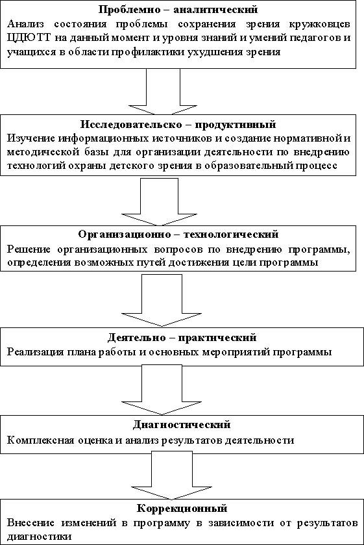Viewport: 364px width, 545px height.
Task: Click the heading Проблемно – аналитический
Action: click(178, 9)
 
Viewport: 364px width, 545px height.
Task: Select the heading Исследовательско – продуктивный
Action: click(178, 124)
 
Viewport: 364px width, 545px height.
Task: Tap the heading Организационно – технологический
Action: click(178, 234)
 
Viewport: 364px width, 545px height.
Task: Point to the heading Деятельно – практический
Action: click(182, 337)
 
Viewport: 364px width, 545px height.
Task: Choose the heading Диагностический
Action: click(182, 424)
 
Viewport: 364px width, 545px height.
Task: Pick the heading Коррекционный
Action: click(182, 508)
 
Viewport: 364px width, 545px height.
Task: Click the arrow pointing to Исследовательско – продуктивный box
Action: click(163, 92)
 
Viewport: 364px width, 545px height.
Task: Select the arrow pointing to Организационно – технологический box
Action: click(160, 202)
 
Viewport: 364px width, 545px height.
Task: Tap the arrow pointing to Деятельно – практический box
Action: click(162, 300)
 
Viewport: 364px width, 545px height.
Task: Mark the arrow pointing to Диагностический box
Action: click(162, 390)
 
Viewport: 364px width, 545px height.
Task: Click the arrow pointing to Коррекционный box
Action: click(172, 475)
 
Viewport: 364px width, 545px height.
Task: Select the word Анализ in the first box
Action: click(25, 24)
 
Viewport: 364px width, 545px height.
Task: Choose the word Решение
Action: click(29, 249)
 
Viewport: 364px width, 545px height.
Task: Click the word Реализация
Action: click(36, 351)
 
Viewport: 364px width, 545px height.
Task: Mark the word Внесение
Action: click(30, 523)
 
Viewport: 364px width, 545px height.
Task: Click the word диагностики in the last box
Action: click(39, 537)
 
